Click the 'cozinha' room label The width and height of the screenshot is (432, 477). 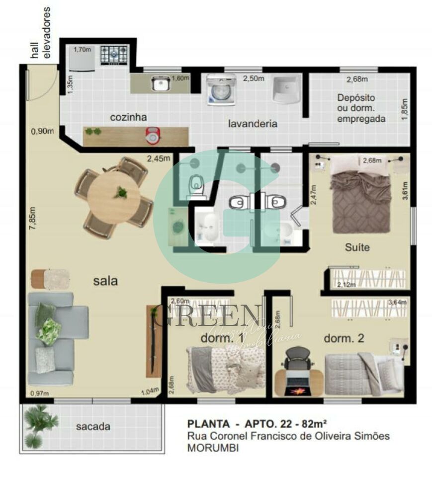point(128,118)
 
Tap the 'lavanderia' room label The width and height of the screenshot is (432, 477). point(253,124)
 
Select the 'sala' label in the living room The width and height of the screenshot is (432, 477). point(105,281)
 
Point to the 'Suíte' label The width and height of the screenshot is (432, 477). point(357,247)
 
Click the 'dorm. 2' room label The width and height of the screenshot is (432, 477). point(344,338)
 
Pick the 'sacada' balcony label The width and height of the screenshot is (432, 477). point(93,426)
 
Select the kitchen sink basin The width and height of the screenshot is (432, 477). point(161,84)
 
